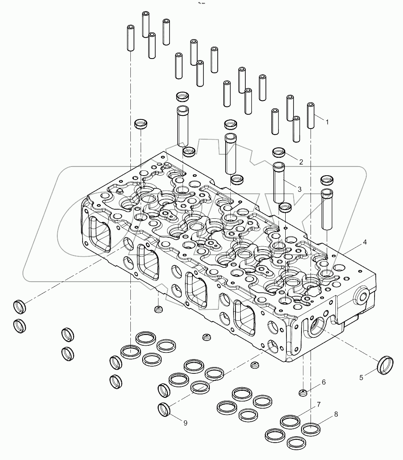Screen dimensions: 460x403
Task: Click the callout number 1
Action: (327, 122)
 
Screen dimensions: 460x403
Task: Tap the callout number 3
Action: (300, 189)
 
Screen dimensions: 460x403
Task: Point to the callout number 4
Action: (365, 242)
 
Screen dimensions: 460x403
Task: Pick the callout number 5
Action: (361, 377)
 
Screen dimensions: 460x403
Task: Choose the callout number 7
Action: (318, 404)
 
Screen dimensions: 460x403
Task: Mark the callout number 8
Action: (336, 414)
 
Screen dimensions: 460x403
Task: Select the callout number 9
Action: (185, 422)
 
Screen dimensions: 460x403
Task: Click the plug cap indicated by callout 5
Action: (386, 364)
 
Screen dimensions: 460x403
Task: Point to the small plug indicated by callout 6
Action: (303, 392)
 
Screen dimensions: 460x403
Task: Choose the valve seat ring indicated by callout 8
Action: (311, 428)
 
